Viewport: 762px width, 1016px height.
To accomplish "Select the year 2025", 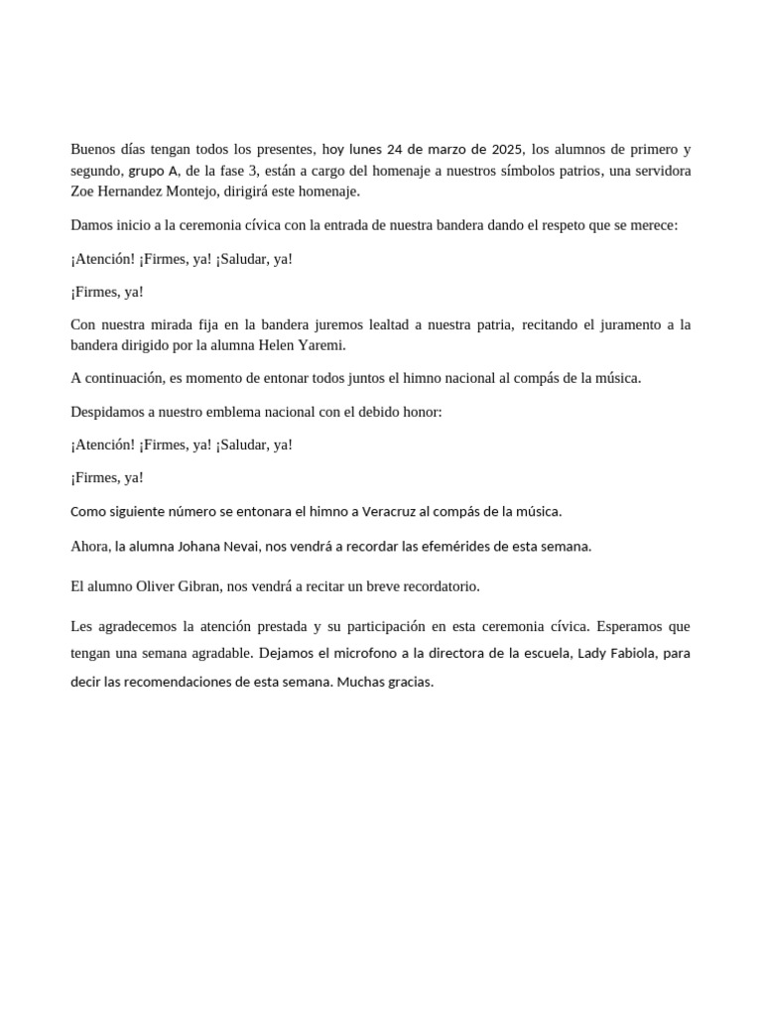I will click(x=505, y=150).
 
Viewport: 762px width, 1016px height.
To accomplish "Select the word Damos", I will click(x=92, y=225).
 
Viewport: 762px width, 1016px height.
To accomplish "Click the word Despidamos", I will click(x=110, y=412).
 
